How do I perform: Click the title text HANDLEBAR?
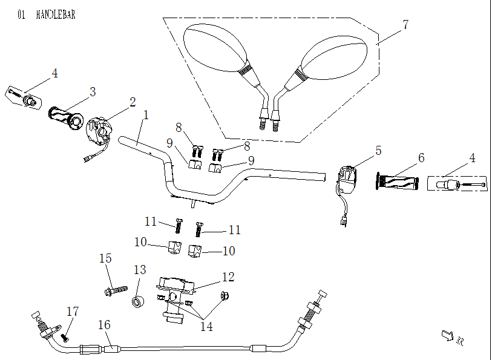pyautogui.click(x=56, y=15)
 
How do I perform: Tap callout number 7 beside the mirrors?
pyautogui.click(x=405, y=25)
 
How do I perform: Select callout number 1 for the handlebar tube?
pyautogui.click(x=145, y=114)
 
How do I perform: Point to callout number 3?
pyautogui.click(x=93, y=92)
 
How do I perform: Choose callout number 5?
pyautogui.click(x=378, y=151)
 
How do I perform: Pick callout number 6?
pyautogui.click(x=421, y=157)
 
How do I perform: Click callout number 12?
pyautogui.click(x=228, y=277)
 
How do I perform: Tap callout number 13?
pyautogui.click(x=140, y=269)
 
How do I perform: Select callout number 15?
pyautogui.click(x=105, y=258)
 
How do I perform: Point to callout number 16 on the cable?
pyautogui.click(x=105, y=326)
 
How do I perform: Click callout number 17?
pyautogui.click(x=73, y=312)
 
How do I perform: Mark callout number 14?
pyautogui.click(x=206, y=326)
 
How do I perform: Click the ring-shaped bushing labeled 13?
pyautogui.click(x=139, y=301)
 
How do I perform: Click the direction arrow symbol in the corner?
pyautogui.click(x=448, y=334)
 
